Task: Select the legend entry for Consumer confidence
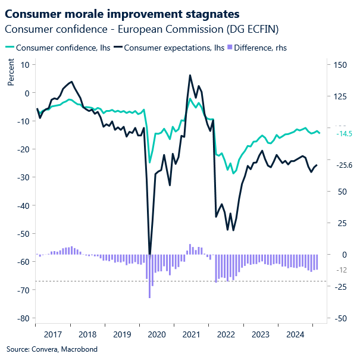[x=54, y=48]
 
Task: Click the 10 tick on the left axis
[x=25, y=64]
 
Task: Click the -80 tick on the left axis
[x=23, y=318]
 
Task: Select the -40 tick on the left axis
[x=23, y=205]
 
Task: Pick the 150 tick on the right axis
[x=339, y=64]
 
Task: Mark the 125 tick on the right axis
[x=339, y=96]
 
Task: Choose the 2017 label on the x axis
[x=52, y=334]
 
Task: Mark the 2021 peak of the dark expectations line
[x=190, y=76]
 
